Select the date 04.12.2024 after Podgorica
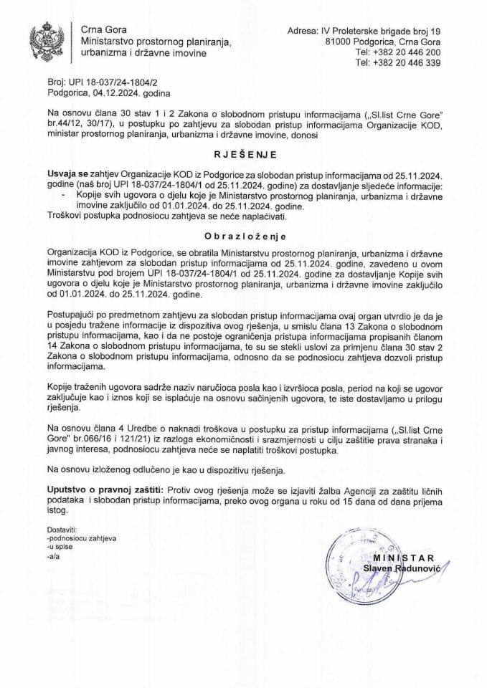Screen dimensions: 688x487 (x=128, y=93)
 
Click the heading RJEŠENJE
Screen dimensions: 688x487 (x=243, y=153)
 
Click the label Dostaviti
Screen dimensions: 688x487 (x=61, y=528)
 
